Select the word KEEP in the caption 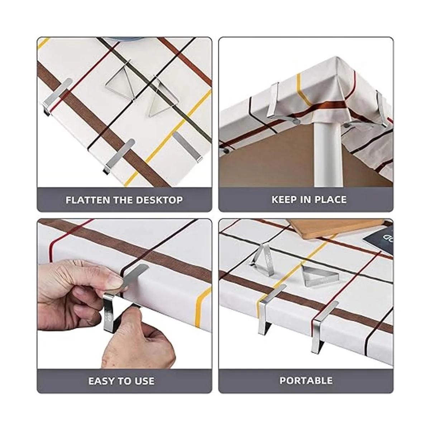click(x=283, y=199)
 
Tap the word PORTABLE click(x=306, y=380)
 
